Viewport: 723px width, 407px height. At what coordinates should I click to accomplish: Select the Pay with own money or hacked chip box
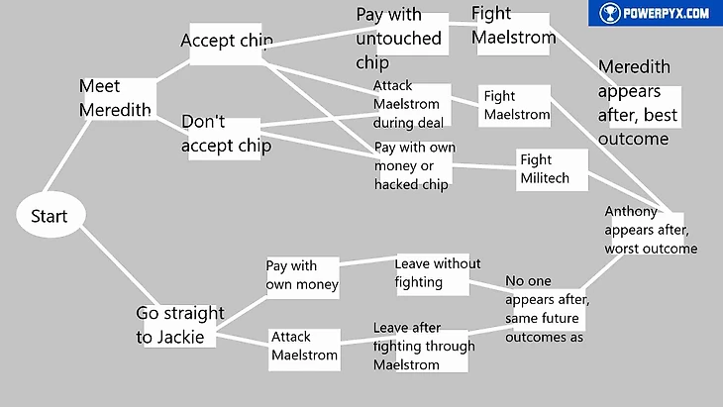(x=414, y=164)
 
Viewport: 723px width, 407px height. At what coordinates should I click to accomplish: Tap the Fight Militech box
(x=552, y=170)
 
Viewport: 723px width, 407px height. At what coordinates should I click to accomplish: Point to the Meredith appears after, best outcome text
(x=638, y=103)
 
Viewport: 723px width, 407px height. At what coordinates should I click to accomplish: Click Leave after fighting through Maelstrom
(x=420, y=348)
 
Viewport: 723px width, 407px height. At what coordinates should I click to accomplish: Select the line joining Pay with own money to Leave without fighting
(x=367, y=262)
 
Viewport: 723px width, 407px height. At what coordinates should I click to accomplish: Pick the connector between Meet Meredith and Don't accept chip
(x=167, y=118)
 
